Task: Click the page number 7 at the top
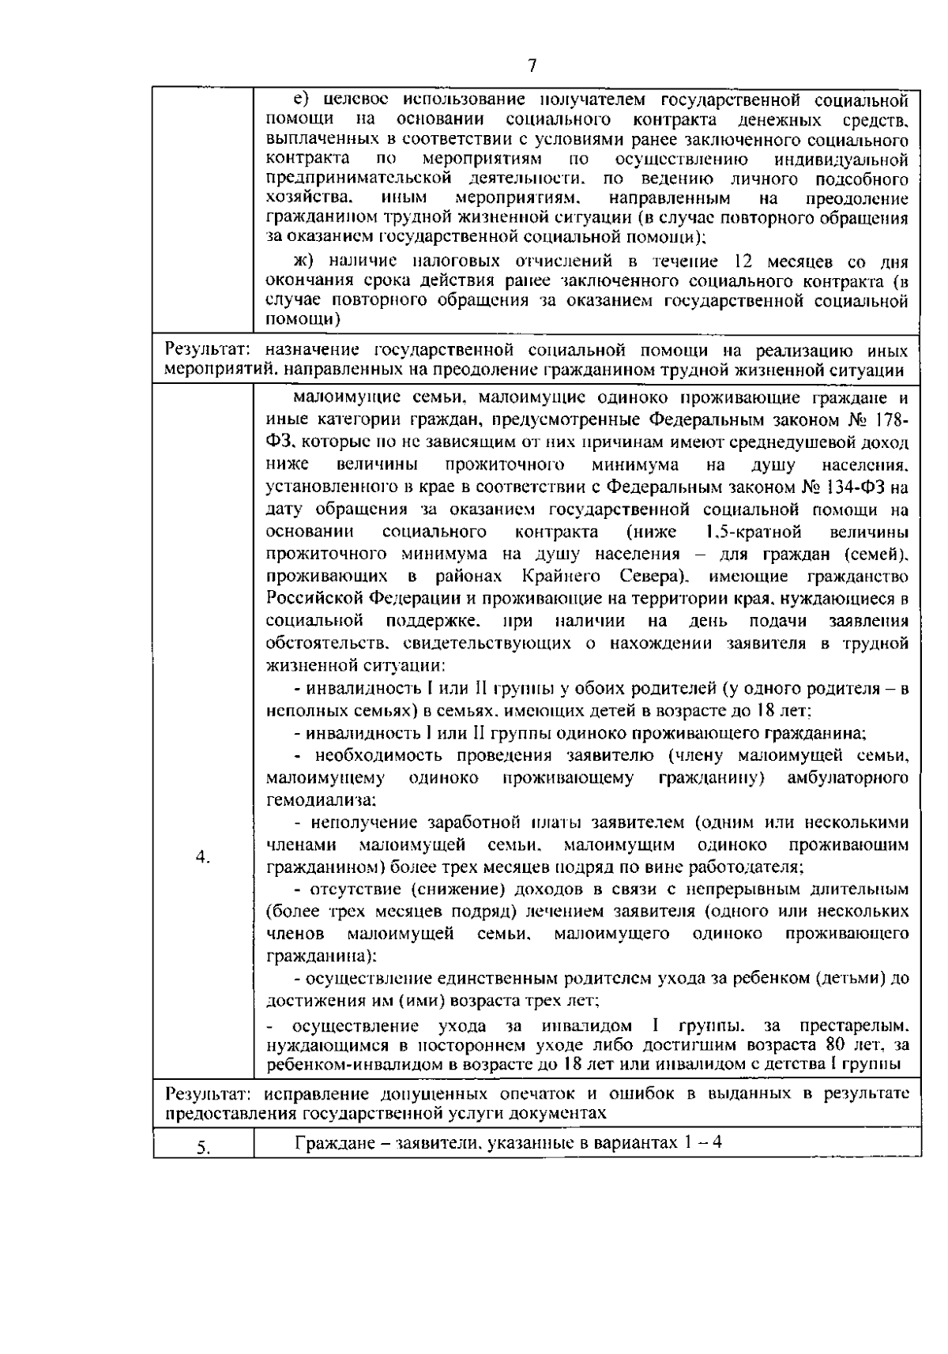(x=532, y=66)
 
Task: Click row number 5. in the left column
(x=203, y=1149)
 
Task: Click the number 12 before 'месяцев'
(x=748, y=262)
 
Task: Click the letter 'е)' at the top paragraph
(x=301, y=100)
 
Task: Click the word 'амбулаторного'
(x=848, y=779)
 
